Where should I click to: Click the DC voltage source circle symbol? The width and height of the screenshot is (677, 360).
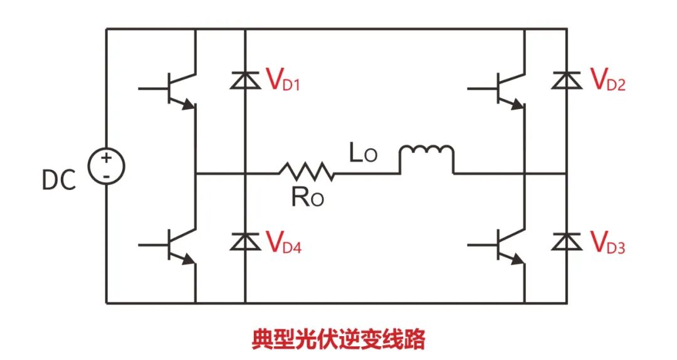coord(106,166)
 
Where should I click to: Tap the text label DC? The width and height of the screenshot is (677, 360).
coord(58,181)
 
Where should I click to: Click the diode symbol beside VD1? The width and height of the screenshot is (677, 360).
coord(244,80)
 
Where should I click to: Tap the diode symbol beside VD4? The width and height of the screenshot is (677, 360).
coord(244,241)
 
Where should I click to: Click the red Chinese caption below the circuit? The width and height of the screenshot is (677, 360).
coord(338,339)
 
